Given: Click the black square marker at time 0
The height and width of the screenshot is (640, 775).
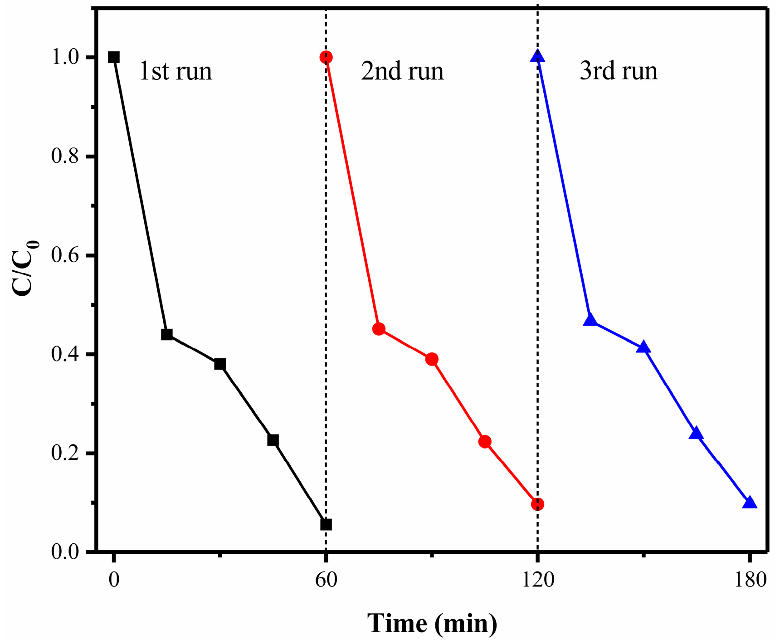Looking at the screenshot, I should click(114, 57).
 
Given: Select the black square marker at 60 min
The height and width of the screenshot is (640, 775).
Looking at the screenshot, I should click(326, 524).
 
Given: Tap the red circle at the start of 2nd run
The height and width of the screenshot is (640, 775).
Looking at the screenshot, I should click(326, 57).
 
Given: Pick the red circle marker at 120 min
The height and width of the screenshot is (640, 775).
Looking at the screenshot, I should click(537, 504).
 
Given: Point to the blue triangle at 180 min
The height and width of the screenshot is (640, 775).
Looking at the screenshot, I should click(749, 503).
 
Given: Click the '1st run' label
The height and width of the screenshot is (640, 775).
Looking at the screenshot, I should click(175, 72).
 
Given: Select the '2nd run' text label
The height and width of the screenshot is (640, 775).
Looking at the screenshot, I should click(402, 72).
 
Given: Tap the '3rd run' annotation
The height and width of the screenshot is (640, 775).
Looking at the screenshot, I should click(619, 72).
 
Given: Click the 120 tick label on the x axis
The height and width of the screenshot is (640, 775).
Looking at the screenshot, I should click(537, 580).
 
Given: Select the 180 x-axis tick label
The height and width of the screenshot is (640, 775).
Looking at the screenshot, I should click(750, 580).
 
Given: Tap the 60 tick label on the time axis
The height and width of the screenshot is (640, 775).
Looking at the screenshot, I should click(326, 580).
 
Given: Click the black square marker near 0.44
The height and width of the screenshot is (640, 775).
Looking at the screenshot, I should click(167, 334).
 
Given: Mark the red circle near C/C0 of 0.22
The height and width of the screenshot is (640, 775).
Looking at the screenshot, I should click(485, 441).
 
